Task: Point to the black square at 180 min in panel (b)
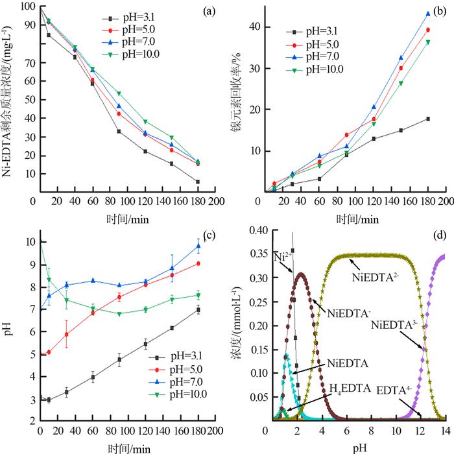[428, 119]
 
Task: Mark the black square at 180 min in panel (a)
[197, 182]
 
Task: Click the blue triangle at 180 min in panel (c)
[198, 246]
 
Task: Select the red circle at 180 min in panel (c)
[198, 263]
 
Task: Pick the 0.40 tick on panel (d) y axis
[250, 231]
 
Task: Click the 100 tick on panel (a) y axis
[29, 7]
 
